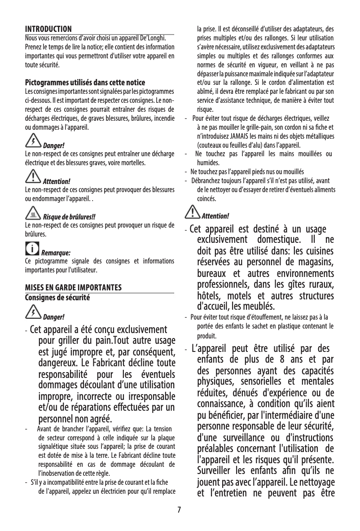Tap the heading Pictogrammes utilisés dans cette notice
pos(84,83)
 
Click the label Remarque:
pos(56,252)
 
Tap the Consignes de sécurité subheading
pos(57,297)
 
